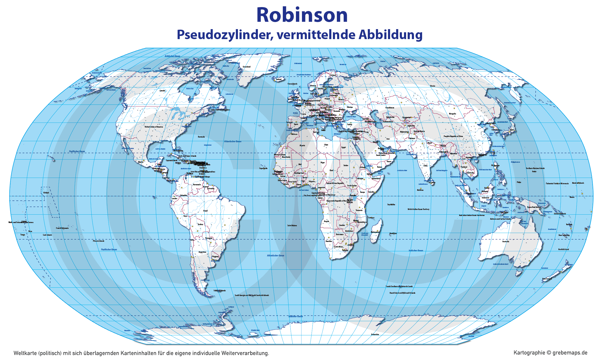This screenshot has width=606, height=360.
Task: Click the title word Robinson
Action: coord(302,15)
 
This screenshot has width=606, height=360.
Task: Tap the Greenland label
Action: coord(246,67)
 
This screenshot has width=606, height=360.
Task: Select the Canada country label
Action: coord(162,91)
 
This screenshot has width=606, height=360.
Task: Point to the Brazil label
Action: coord(205,211)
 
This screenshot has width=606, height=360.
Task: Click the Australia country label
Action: coord(506,241)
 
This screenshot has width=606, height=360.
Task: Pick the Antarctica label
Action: coord(375,334)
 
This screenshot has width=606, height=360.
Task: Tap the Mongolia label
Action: coord(452,114)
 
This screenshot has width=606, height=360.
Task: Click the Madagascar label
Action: coord(375,232)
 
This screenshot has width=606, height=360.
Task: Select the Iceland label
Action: coord(279,79)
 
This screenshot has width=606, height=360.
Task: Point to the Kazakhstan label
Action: coord(390,108)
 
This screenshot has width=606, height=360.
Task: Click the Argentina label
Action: coord(202,252)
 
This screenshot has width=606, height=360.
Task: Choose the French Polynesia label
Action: coord(62,228)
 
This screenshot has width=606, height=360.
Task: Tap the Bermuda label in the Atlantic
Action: coord(201,137)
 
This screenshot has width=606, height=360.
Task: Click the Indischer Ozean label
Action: coord(416,250)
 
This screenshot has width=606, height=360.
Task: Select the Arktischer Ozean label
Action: coord(172,56)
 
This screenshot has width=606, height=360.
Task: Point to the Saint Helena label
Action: coord(292,225)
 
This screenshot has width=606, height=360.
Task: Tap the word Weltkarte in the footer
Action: coord(25,353)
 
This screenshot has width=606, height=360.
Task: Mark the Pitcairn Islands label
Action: coord(98,241)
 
